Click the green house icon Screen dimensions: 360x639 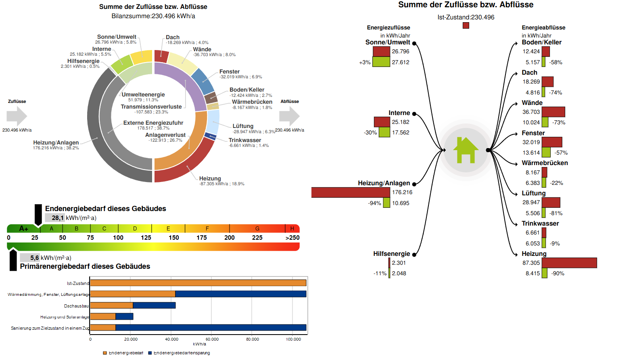466,150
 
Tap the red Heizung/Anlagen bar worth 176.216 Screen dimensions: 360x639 351,193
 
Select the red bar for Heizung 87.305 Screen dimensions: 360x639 569,263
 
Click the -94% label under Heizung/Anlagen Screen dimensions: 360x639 374,203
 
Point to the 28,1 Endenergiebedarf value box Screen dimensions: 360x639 54,218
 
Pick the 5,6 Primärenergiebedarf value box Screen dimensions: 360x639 30,257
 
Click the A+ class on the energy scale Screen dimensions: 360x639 23,228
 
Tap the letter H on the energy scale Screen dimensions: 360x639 292,228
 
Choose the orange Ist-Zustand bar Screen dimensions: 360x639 198,283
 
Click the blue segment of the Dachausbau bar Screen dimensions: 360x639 154,306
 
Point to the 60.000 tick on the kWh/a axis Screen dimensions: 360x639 212,339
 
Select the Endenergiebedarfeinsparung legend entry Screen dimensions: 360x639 179,353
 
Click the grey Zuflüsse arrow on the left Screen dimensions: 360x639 17,116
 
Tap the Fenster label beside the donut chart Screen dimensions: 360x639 229,71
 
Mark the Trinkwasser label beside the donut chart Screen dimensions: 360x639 244,140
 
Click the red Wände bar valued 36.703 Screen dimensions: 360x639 553,112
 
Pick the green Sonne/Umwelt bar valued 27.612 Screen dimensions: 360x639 381,62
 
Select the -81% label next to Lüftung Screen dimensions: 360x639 556,213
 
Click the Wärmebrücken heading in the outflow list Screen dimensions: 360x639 545,163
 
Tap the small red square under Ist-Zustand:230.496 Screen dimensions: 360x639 466,25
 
